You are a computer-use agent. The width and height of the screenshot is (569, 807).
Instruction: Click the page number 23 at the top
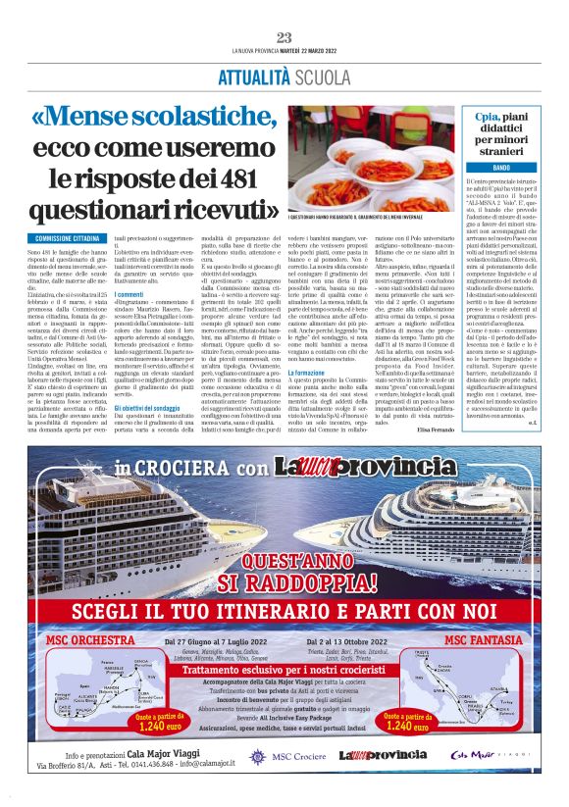click(284, 37)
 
